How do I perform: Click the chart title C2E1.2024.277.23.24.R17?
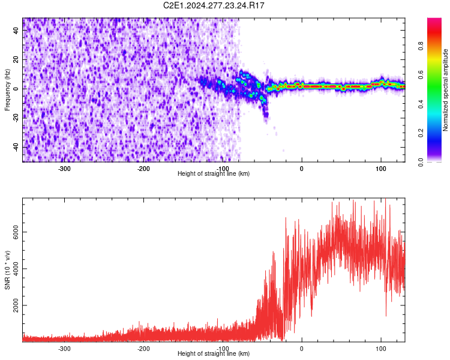(214, 5)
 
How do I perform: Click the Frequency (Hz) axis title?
(7, 90)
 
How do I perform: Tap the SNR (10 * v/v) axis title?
(7, 270)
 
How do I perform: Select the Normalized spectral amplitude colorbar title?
(445, 90)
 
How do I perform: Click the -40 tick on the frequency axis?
(16, 146)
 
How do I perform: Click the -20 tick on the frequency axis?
(16, 117)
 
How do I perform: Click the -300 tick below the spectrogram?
(64, 169)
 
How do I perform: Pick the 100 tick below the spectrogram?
(380, 169)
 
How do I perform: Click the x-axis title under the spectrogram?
(214, 174)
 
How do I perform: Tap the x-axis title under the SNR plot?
(214, 354)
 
